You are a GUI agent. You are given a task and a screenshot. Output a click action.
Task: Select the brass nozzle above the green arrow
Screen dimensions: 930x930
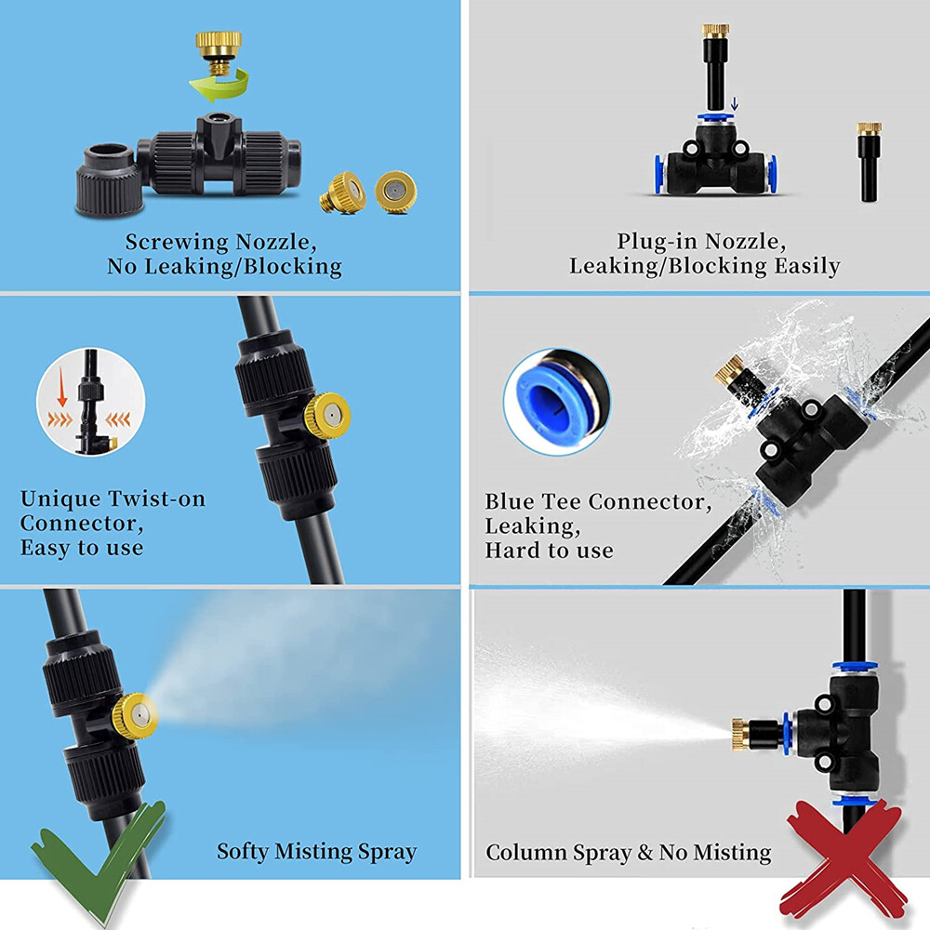tap(219, 46)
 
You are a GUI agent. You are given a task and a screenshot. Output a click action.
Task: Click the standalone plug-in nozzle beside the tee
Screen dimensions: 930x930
tap(870, 162)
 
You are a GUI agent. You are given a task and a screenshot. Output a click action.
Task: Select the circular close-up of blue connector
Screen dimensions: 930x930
tap(556, 401)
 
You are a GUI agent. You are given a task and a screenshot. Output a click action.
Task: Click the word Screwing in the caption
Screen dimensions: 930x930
tap(177, 243)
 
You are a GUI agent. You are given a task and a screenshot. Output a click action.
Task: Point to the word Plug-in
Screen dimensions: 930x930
tap(657, 243)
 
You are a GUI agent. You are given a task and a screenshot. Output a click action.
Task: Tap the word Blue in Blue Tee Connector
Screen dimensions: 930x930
tap(509, 502)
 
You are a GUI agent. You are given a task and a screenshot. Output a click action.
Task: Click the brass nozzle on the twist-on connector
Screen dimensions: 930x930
tap(328, 412)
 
